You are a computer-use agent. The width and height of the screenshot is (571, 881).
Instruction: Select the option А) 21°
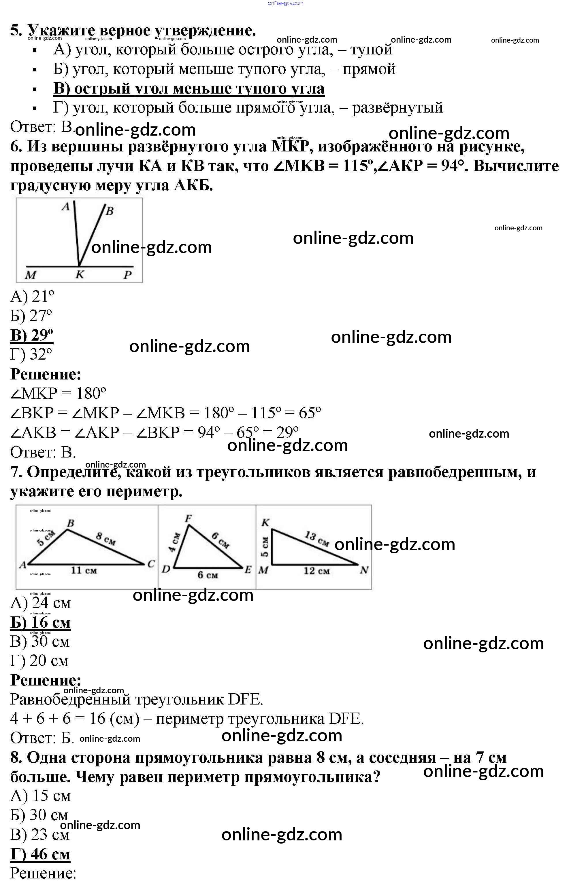pyautogui.click(x=32, y=297)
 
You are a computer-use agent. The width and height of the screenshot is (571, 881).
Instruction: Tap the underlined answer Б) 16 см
pyautogui.click(x=40, y=623)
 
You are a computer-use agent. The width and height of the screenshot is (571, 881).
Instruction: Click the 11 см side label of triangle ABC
pyautogui.click(x=84, y=570)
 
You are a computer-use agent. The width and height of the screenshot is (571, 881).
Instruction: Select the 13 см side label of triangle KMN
pyautogui.click(x=316, y=539)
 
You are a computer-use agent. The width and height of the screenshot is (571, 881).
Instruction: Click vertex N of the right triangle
pyautogui.click(x=364, y=570)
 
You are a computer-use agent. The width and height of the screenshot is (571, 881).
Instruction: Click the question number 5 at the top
pyautogui.click(x=16, y=30)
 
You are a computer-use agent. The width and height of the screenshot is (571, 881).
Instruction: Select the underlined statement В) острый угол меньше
pyautogui.click(x=189, y=89)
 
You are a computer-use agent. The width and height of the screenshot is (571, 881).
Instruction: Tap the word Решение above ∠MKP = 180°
pyautogui.click(x=46, y=374)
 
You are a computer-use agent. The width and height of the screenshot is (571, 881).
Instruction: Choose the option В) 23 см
pyautogui.click(x=40, y=834)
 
